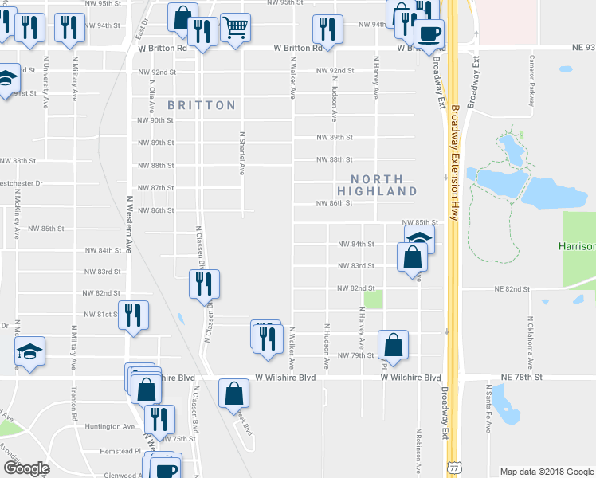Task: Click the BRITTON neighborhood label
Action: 202,105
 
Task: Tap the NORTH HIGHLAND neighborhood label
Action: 377,185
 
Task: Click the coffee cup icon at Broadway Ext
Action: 429,34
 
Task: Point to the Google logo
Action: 26,468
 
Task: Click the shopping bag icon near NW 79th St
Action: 393,345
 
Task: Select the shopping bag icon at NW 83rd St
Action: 412,257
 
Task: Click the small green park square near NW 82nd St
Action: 373,300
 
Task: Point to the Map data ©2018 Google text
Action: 546,471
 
